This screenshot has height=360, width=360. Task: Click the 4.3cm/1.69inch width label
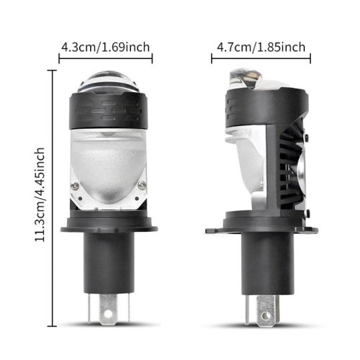click(x=106, y=48)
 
